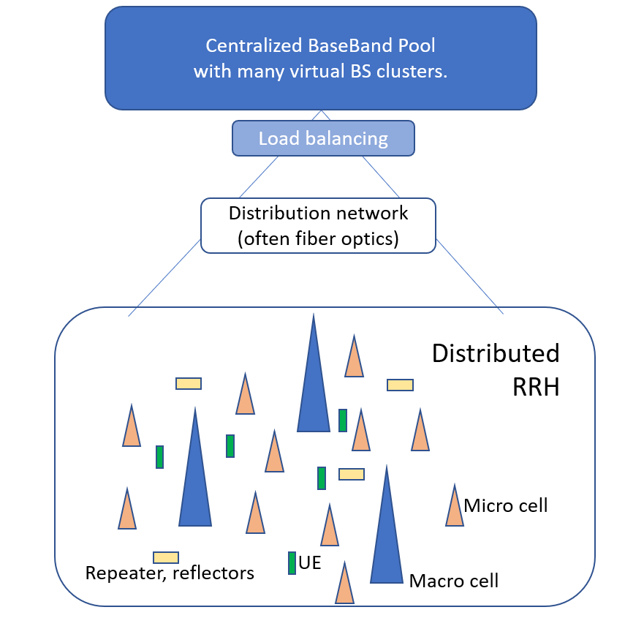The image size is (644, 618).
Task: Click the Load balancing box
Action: pos(323,138)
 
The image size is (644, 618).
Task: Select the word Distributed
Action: pos(496,353)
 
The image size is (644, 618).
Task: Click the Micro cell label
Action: pos(506,505)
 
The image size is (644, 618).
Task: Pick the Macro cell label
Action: pos(454,581)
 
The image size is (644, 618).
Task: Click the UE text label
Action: pos(310,563)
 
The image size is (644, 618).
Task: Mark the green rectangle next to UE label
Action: pos(292,562)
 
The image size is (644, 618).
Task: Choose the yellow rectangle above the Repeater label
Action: pos(166,557)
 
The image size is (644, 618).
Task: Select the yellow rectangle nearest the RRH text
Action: pos(400,385)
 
